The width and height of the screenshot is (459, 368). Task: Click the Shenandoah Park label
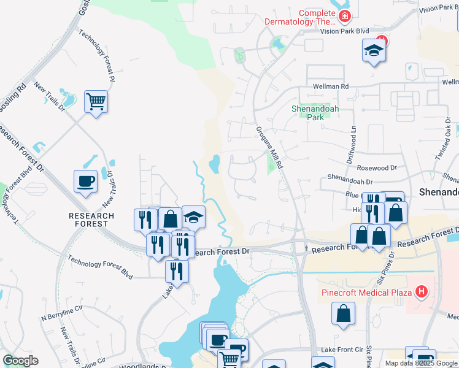click(x=315, y=113)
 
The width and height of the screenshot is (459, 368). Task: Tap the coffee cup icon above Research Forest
click(x=85, y=181)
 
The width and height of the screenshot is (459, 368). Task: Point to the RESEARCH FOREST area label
click(x=91, y=220)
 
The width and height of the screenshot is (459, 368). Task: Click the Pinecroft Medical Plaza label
click(x=366, y=292)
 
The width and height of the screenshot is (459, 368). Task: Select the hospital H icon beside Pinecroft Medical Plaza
click(x=422, y=291)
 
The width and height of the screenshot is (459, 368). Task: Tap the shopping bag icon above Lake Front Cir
click(x=343, y=313)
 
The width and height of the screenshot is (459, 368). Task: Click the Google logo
click(x=20, y=361)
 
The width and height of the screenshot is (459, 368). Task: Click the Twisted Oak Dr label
click(x=447, y=141)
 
